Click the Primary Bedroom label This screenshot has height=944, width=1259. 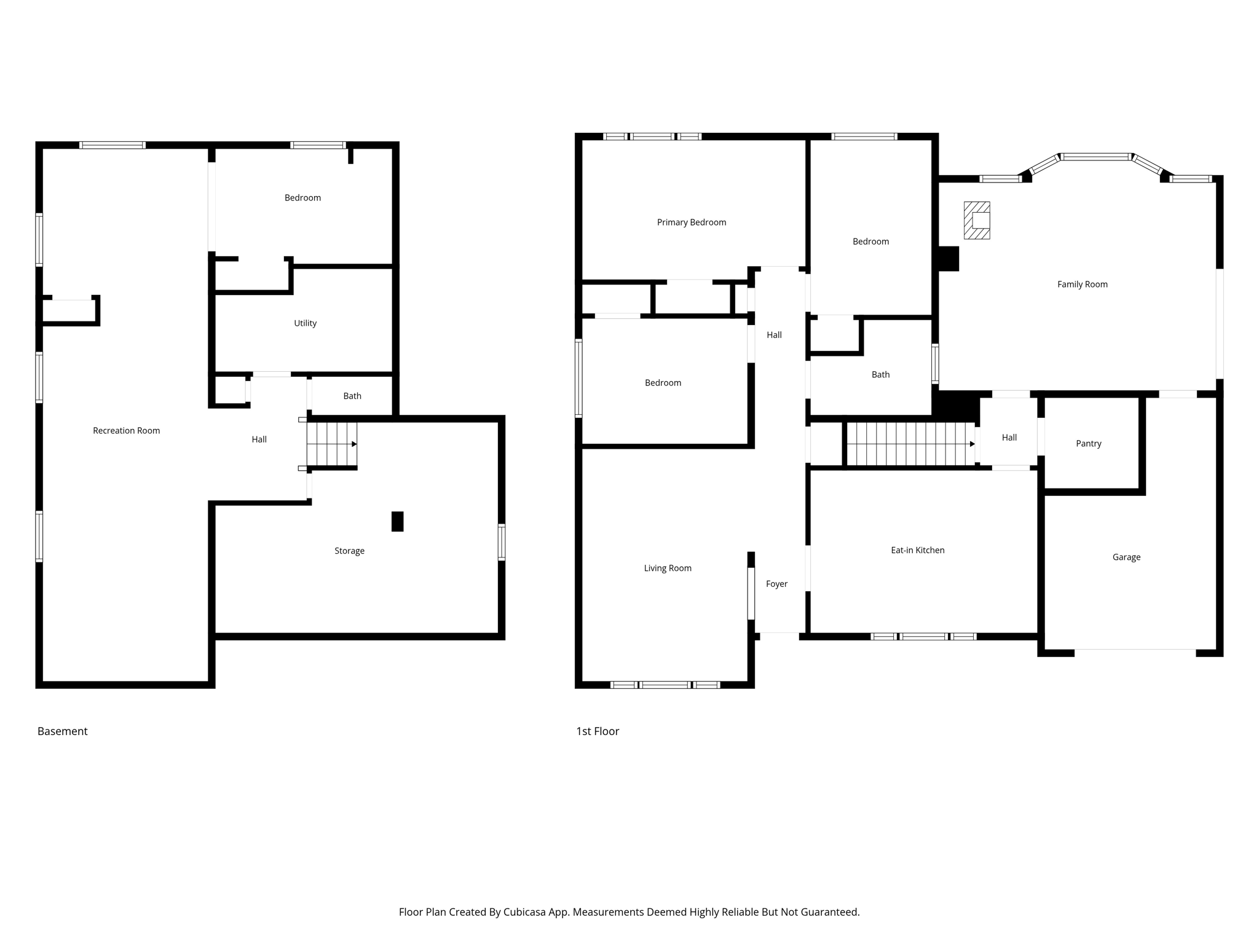pos(691,222)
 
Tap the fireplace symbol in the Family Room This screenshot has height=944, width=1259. pos(977,220)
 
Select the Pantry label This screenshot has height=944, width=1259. pos(1088,444)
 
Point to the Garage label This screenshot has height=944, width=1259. pos(1126,557)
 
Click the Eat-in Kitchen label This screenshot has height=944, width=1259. pos(917,551)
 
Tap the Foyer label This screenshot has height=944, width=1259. pos(776,584)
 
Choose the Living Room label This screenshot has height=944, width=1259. pos(668,568)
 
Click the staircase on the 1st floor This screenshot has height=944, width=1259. pos(910,444)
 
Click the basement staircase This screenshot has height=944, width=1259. pos(331,444)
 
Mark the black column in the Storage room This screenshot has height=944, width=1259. pos(398,521)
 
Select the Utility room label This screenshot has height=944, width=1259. pos(305,323)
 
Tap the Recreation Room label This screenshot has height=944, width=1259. pos(126,431)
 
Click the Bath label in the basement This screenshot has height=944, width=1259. pos(352,396)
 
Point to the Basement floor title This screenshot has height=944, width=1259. pos(62,731)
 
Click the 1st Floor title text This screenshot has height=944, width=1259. pos(597,731)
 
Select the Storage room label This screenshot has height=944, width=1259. pos(349,551)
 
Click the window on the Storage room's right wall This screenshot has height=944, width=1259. pos(502,541)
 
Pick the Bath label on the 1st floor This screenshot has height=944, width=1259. pos(880,375)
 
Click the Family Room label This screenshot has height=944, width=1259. pos(1082,285)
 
